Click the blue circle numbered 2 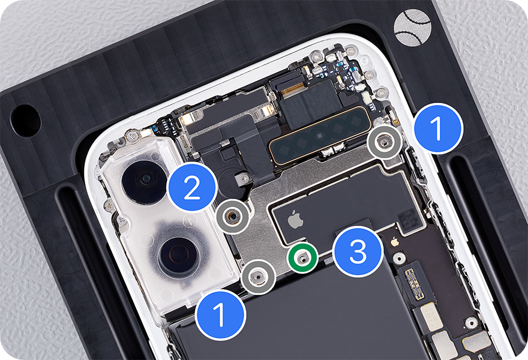click(x=192, y=187)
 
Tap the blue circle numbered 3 click(x=358, y=251)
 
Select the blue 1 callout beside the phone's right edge click(x=437, y=128)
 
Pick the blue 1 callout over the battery click(x=221, y=314)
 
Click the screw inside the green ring click(x=302, y=258)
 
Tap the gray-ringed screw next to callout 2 click(x=233, y=216)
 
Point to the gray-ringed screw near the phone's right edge click(x=384, y=142)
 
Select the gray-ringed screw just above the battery click(x=259, y=277)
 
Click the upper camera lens click(x=145, y=182)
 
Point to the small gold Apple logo click(x=395, y=241)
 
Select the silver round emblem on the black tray click(x=413, y=28)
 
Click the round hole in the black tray click(x=26, y=121)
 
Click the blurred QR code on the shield click(x=409, y=218)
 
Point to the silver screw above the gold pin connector click(x=398, y=258)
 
